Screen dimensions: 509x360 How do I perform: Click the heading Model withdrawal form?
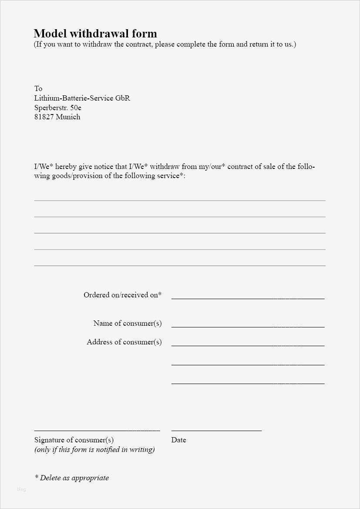coord(95,34)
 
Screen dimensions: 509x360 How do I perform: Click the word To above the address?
coord(38,88)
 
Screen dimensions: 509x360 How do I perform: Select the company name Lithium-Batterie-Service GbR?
coord(82,98)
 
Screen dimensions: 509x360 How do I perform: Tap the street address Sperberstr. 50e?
coord(58,107)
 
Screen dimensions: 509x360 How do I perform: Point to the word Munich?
coord(68,117)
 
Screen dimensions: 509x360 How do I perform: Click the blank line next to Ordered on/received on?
coord(248,298)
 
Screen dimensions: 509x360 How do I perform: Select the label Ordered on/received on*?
coord(122,295)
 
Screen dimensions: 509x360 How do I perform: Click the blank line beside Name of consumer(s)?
coord(248,326)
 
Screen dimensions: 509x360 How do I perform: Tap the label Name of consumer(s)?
coord(127,323)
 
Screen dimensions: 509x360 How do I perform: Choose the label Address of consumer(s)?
coord(124,342)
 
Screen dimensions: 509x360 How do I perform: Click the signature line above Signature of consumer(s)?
coord(97,430)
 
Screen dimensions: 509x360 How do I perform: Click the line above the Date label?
coord(216,430)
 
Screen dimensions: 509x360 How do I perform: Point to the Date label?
coord(178,440)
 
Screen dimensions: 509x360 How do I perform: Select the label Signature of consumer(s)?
coord(74,440)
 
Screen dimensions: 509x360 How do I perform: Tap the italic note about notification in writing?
coord(94,449)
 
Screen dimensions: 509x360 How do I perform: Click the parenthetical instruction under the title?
coord(165,44)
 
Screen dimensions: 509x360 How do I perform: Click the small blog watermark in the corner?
coord(21,489)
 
